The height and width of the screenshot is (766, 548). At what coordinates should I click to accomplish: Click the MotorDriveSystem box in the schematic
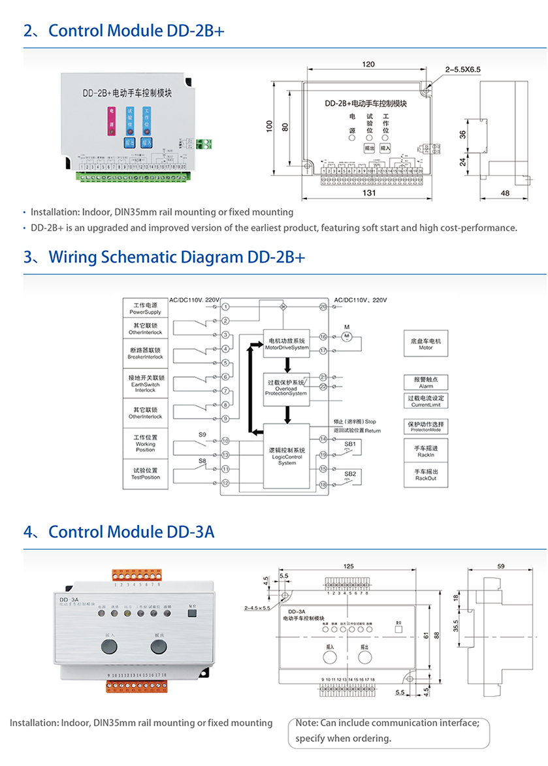coord(286,344)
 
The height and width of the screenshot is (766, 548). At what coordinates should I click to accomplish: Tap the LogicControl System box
coord(286,456)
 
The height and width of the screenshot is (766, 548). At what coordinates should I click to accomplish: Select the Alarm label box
coord(426,382)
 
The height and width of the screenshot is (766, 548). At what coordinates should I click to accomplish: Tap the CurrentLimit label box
coord(426,401)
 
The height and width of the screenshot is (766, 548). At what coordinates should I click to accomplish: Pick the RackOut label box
coord(426,475)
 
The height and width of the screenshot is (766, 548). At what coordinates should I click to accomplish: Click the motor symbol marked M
coord(347,336)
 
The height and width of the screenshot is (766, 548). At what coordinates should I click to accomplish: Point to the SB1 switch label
coord(349,444)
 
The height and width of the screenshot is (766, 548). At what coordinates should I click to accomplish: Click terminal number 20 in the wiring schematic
coord(323,306)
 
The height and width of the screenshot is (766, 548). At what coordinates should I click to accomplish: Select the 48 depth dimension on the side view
coord(504,193)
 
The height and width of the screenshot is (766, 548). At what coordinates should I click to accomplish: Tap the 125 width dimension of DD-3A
coord(348,566)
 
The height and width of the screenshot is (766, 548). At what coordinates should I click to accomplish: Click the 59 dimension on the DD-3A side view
coord(500,567)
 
